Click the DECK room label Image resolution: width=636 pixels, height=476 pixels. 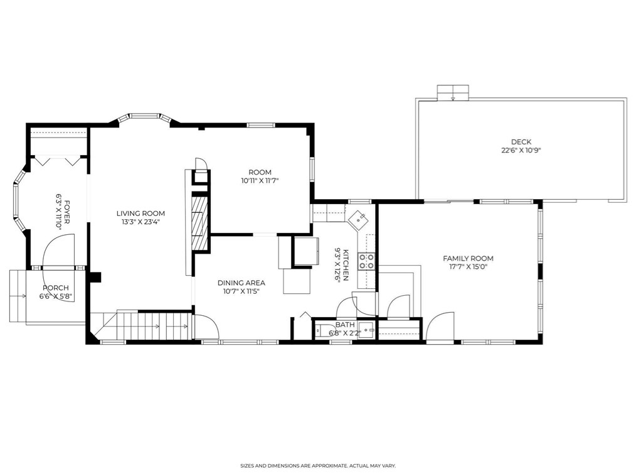(521, 142)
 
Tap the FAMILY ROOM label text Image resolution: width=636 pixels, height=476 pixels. (468, 258)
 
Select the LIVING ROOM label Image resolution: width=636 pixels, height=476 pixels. (140, 214)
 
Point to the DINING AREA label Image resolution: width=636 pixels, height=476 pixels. (241, 283)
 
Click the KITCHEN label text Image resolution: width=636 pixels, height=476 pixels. (346, 265)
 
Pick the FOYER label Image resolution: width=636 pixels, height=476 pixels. (67, 212)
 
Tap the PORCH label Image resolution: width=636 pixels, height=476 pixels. (56, 288)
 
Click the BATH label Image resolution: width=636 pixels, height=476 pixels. (345, 325)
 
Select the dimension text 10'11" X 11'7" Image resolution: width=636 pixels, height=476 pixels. (260, 181)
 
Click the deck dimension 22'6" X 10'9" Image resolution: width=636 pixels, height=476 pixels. (521, 150)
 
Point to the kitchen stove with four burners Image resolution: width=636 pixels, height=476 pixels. (366, 261)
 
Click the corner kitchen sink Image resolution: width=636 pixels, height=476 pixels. (358, 219)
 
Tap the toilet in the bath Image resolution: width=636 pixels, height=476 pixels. (324, 330)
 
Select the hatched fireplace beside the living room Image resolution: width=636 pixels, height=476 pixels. (199, 222)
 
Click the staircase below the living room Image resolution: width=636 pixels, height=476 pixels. (140, 325)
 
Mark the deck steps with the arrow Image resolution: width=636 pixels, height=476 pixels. (453, 92)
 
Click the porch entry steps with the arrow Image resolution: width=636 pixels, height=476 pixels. (18, 296)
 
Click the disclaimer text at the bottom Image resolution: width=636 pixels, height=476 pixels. (318, 466)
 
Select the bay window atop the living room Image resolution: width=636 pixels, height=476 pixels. (145, 117)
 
